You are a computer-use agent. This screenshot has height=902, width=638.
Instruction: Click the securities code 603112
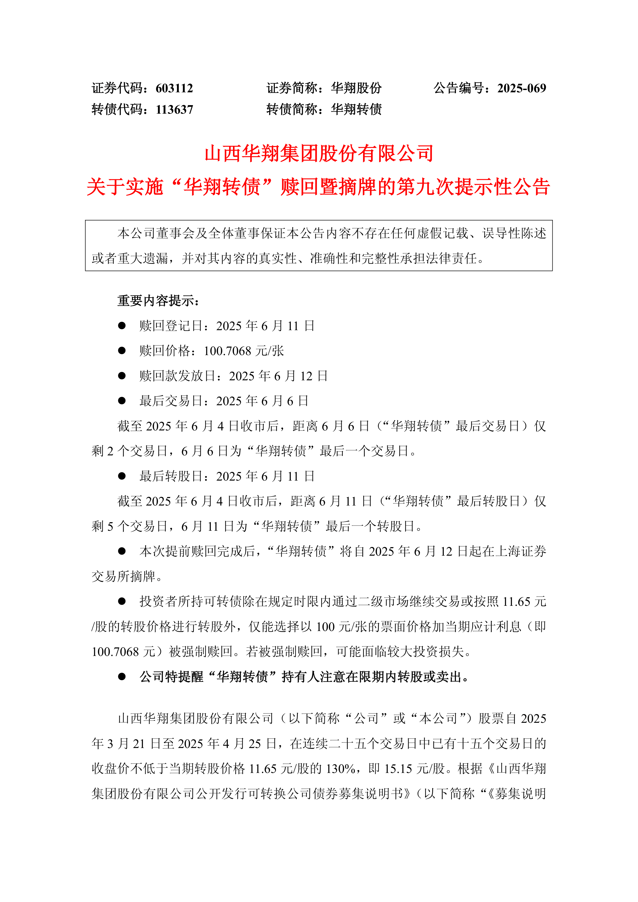[x=174, y=88]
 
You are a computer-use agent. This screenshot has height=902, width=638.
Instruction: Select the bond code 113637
[x=174, y=109]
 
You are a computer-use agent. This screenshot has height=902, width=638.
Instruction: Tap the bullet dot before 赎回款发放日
[x=122, y=376]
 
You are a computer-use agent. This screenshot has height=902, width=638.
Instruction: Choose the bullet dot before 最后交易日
[x=122, y=401]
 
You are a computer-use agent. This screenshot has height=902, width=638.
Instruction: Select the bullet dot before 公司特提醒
[x=122, y=676]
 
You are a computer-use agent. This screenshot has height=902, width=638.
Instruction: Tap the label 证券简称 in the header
[x=291, y=88]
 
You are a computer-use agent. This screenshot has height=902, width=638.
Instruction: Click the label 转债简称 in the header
[x=291, y=109]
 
